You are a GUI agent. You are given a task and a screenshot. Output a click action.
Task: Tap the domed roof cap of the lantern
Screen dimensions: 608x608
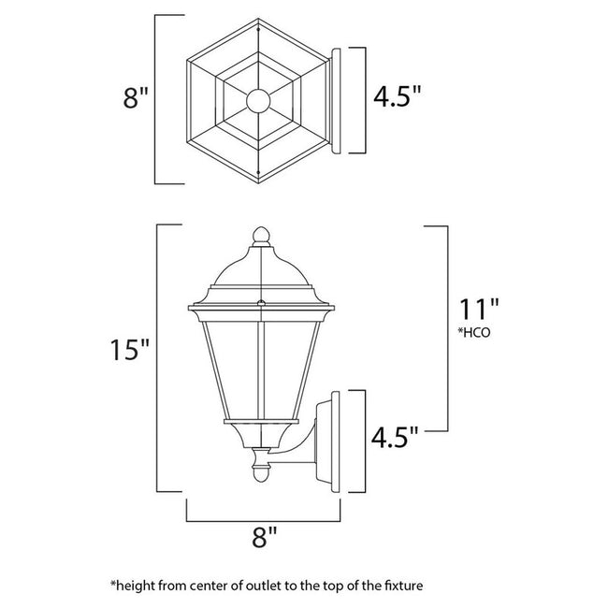tap(260, 271)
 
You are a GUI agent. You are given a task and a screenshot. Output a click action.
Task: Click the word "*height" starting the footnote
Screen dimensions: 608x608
tap(134, 586)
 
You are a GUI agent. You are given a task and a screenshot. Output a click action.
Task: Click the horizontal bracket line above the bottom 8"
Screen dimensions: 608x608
tap(264, 519)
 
